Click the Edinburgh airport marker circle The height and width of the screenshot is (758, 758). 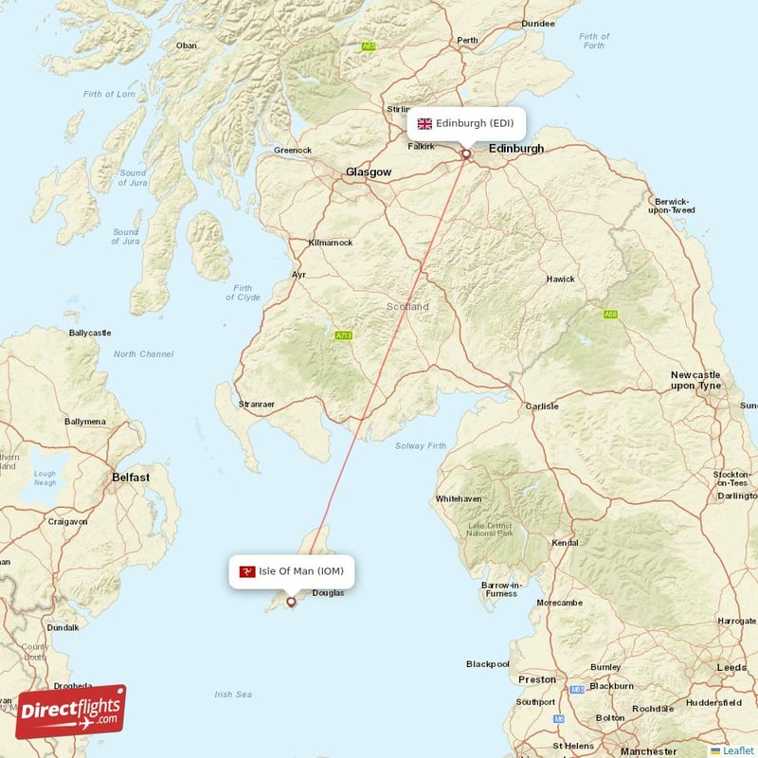tap(466, 153)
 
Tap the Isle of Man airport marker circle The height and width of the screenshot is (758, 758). tap(291, 601)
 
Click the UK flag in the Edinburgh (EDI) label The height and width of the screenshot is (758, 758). tap(424, 123)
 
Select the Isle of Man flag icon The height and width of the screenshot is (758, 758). tap(247, 570)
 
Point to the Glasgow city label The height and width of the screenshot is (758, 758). tap(368, 172)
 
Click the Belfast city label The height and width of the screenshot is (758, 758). tap(130, 478)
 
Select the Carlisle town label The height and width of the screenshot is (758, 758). tap(542, 406)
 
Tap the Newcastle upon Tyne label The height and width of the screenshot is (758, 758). tap(695, 381)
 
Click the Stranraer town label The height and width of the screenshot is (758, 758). tap(256, 405)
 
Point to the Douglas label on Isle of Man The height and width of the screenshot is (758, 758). tap(328, 593)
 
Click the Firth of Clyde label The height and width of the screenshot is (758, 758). tap(243, 293)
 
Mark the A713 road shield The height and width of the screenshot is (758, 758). tap(343, 335)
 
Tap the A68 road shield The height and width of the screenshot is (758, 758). tap(611, 314)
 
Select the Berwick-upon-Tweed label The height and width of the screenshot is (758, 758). tap(673, 206)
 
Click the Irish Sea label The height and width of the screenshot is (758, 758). tap(233, 695)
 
